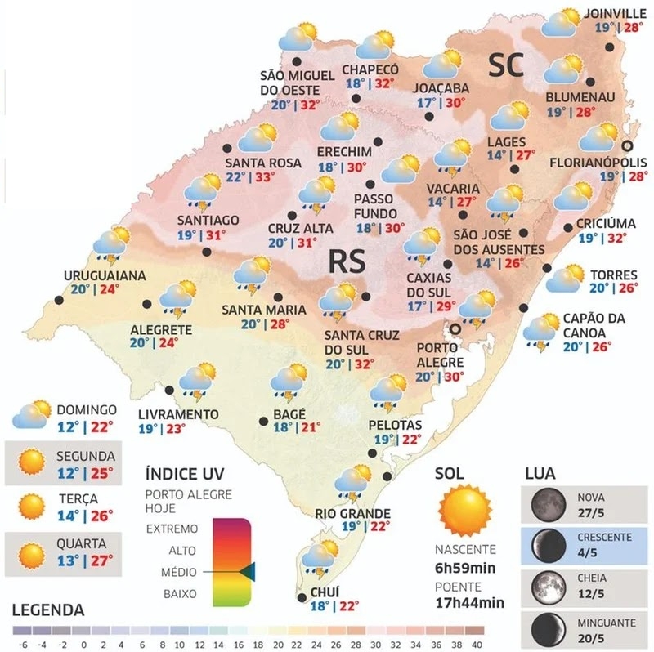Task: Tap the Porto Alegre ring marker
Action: [x=455, y=328]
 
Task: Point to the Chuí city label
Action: [x=324, y=592]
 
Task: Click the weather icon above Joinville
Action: [x=561, y=24]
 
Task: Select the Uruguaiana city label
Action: [x=105, y=275]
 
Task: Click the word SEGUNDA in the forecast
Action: [x=86, y=456]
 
